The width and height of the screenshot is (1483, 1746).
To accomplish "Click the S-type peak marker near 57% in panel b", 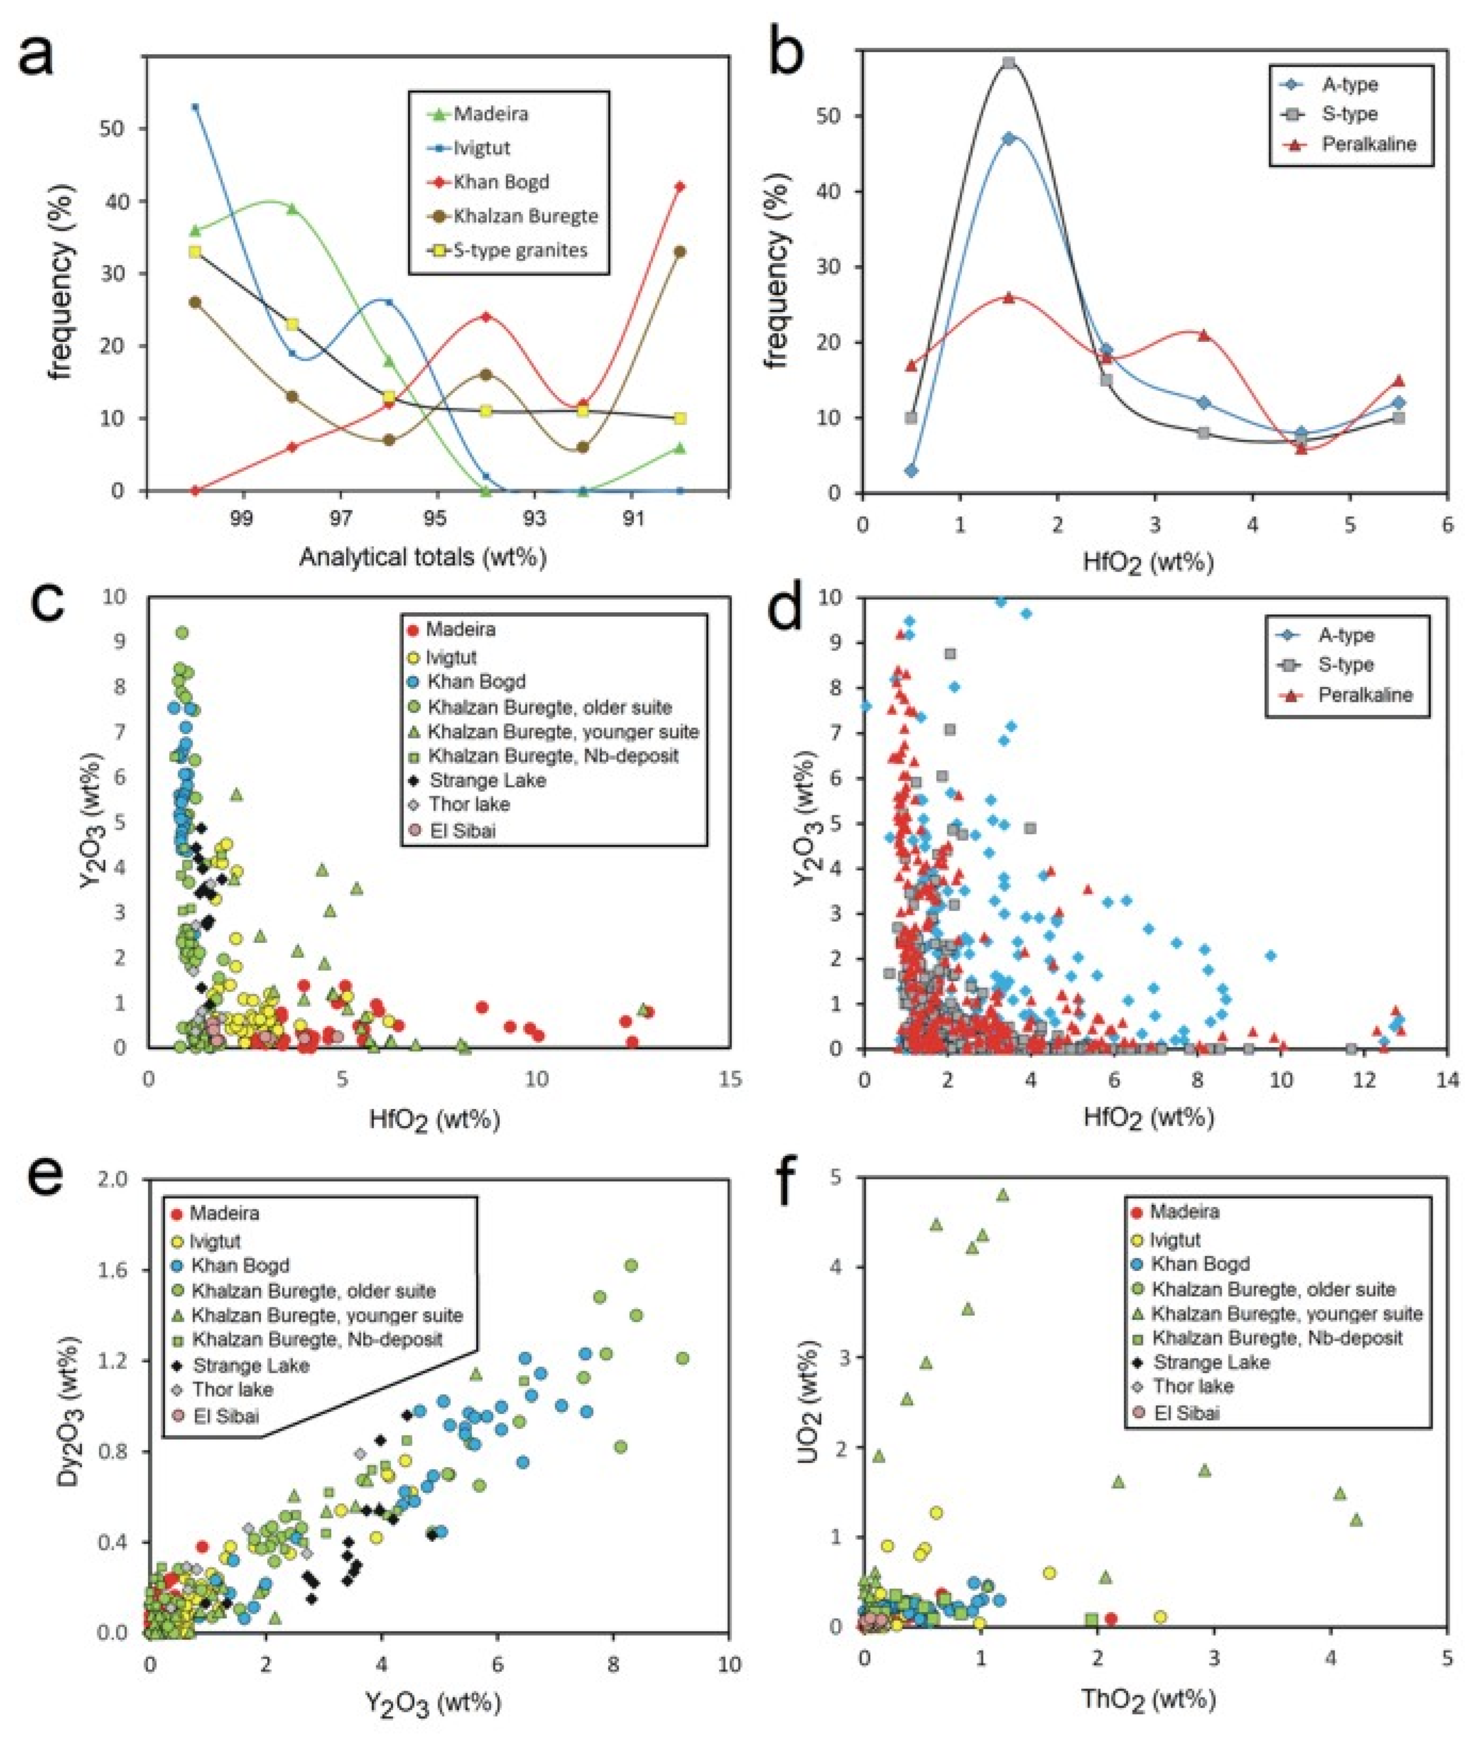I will click(1009, 63).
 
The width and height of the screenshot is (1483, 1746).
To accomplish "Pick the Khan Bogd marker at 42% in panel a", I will click(680, 187).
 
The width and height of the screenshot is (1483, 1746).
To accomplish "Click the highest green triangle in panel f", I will click(1002, 1194).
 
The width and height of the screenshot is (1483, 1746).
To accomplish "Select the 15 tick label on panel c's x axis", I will click(731, 1079).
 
